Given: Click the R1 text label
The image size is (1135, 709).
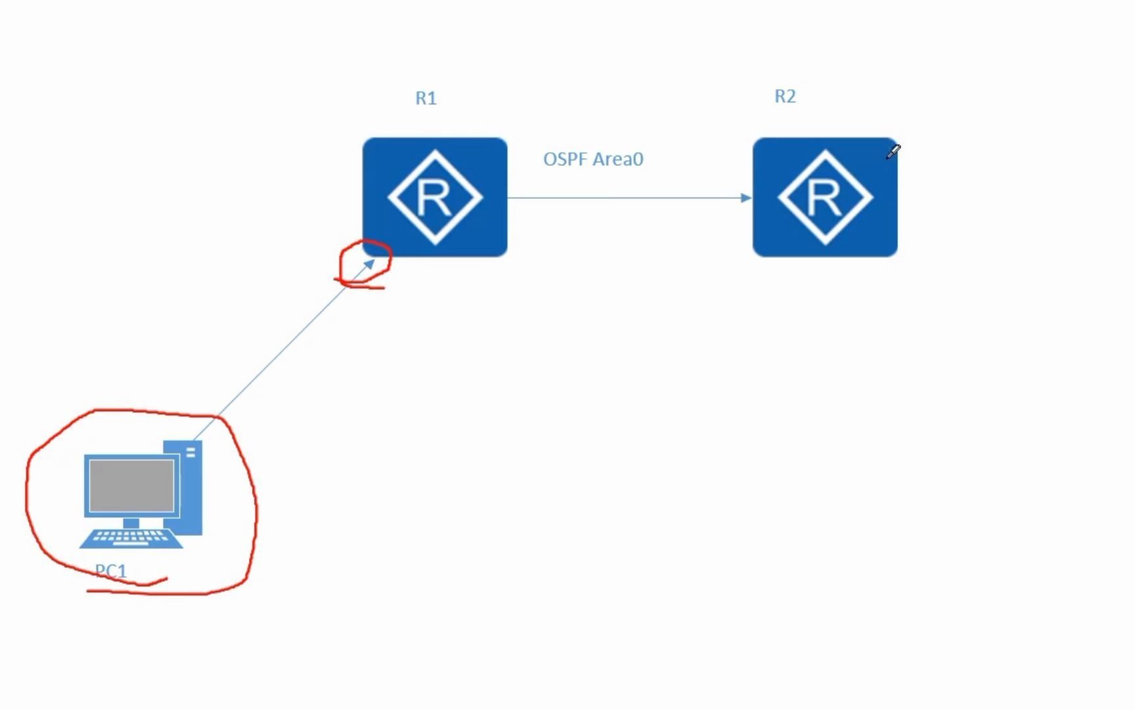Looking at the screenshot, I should (x=426, y=98).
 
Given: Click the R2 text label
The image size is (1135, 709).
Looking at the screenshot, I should (x=785, y=97).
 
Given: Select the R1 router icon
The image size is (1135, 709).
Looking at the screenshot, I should (x=435, y=197).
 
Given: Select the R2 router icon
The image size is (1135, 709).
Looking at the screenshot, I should (x=825, y=197).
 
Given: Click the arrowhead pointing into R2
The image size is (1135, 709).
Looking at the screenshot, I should (x=746, y=198).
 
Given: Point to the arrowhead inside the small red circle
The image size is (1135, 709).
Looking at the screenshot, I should (x=369, y=264).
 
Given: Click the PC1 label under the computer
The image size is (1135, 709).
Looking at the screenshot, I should (x=110, y=570).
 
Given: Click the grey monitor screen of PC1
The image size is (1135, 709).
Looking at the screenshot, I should (x=131, y=485).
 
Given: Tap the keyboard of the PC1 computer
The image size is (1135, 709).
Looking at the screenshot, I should (x=131, y=538).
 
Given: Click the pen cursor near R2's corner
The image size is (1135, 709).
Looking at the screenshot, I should (x=893, y=152).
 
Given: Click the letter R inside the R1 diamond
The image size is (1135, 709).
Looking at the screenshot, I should (x=434, y=198).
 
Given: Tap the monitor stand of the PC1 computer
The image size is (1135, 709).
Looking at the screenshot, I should (x=131, y=523).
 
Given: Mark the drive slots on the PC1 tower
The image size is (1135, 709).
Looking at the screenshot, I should (x=190, y=452).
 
